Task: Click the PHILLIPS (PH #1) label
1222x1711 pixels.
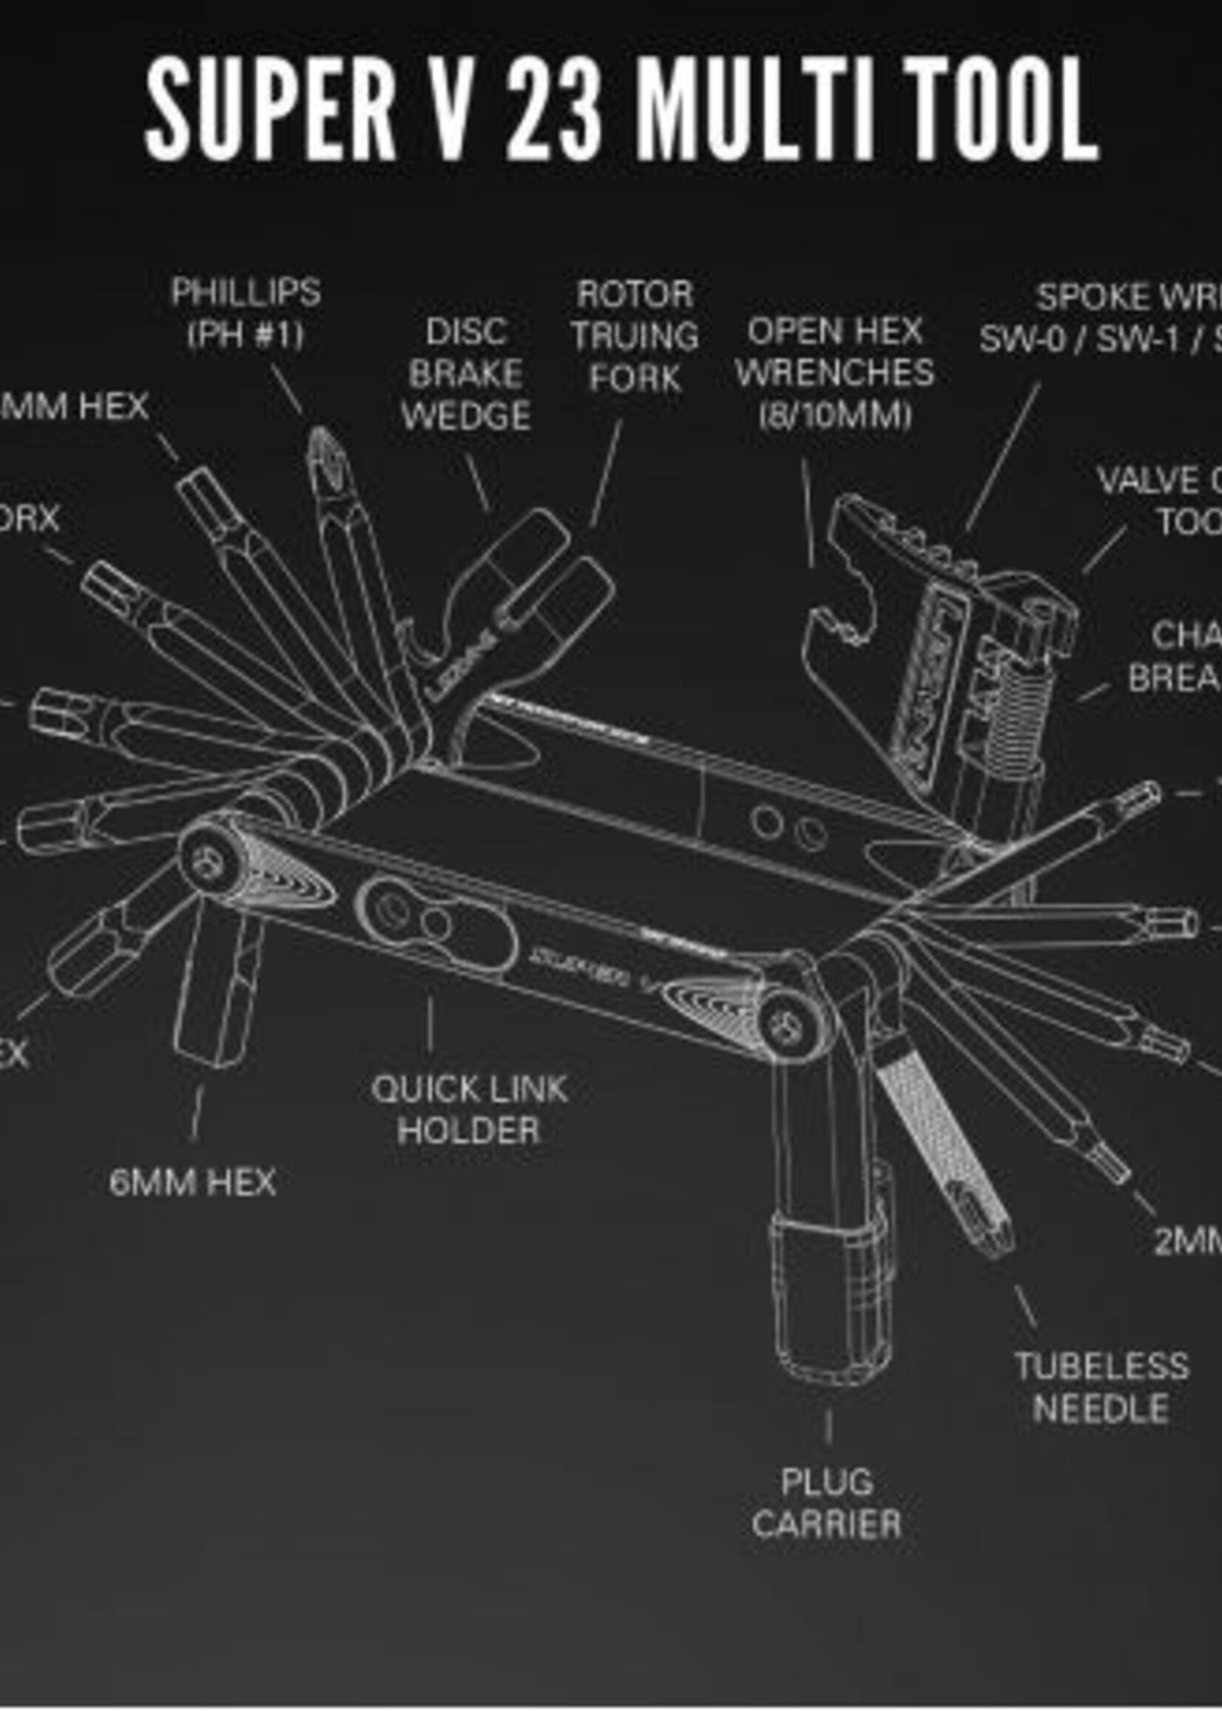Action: pos(246,313)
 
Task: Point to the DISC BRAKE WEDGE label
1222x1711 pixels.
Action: pos(466,374)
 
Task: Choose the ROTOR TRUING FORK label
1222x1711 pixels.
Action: pos(635,336)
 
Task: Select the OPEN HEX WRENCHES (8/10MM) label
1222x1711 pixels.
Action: pos(834,374)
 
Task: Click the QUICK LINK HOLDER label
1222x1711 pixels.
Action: pos(469,1109)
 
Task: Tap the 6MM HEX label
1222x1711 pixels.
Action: pos(192,1182)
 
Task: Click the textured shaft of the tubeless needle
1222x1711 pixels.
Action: pos(933,1129)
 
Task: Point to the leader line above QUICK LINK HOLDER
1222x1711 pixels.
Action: pos(430,1024)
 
